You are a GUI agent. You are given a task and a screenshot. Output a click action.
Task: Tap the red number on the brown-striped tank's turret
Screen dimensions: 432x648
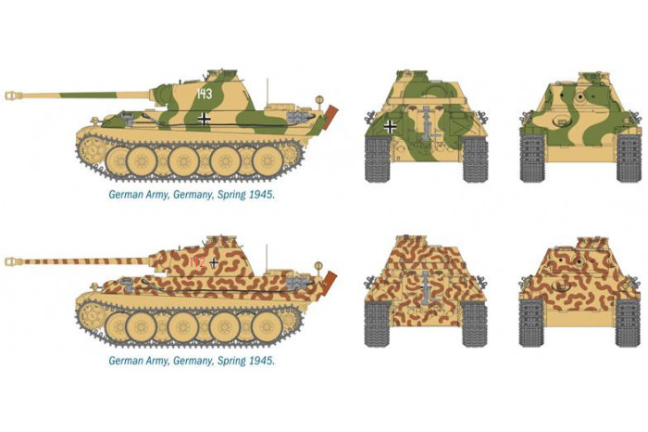[x=195, y=262]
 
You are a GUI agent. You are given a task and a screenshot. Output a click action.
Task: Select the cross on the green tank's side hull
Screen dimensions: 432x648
[x=205, y=119]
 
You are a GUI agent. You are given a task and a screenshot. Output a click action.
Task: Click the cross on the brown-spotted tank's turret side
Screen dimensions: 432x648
[x=215, y=261]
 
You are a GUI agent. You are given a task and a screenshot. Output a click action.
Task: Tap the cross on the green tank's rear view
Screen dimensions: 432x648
[x=392, y=127]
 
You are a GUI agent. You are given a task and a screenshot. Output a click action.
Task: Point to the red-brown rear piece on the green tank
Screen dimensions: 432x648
[x=331, y=118]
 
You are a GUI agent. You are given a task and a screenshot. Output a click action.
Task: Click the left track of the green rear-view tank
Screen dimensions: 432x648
[x=376, y=158]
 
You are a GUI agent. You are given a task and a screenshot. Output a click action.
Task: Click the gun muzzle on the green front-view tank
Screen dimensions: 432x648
[x=581, y=95]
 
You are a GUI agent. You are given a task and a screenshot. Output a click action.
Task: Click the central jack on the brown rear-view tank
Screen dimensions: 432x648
[x=425, y=287]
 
